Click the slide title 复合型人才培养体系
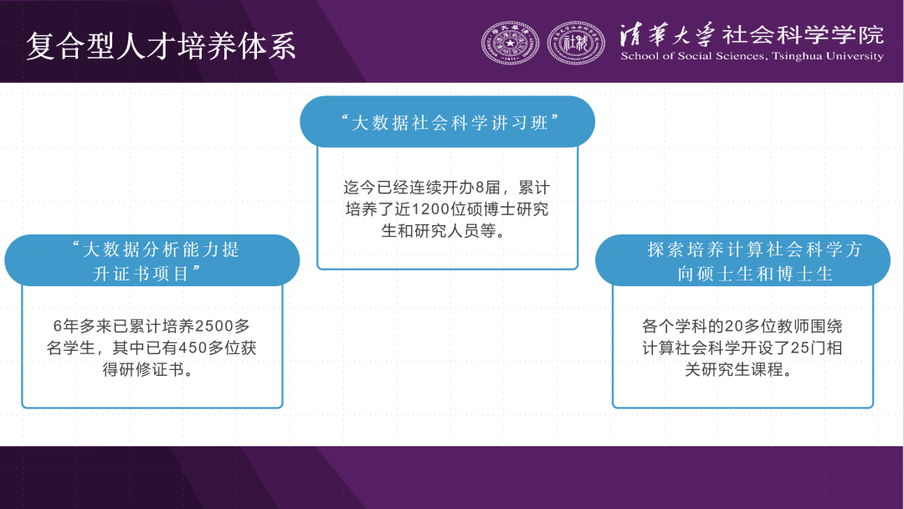[161, 46]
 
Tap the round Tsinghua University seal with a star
[510, 44]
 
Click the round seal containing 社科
[575, 44]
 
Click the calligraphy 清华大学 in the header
[667, 34]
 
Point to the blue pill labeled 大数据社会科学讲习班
[447, 121]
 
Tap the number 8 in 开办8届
[480, 188]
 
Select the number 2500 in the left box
[214, 326]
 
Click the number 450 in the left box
[193, 347]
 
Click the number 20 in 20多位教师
[734, 326]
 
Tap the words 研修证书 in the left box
[152, 369]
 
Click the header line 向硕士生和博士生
[755, 273]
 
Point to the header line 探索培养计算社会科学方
[755, 249]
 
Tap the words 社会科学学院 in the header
[803, 34]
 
